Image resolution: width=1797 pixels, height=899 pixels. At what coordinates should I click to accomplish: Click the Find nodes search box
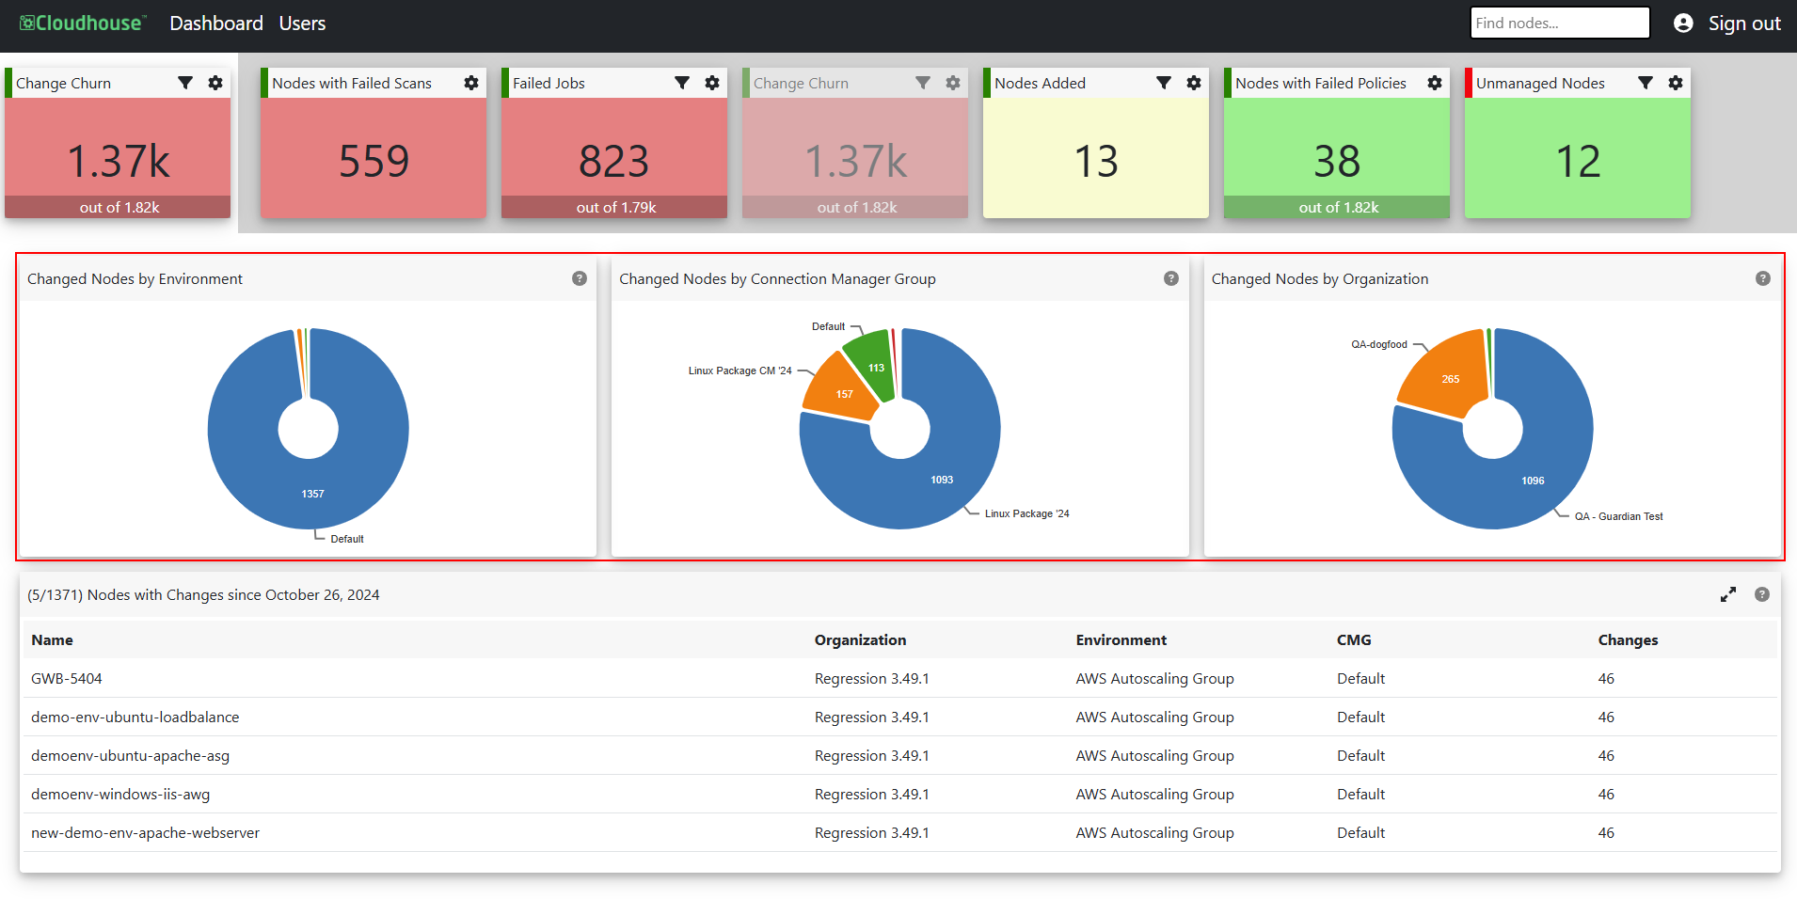coord(1560,24)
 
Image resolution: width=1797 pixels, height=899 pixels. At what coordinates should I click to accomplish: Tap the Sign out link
coord(1744,24)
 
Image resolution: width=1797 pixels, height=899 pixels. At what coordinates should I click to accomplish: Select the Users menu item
coord(302,24)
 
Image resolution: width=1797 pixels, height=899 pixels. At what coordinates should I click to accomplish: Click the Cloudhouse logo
coord(83,24)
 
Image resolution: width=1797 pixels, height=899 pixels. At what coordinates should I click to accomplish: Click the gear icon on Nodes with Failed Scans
coord(471,83)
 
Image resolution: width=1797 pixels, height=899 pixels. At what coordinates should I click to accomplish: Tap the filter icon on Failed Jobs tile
coord(682,83)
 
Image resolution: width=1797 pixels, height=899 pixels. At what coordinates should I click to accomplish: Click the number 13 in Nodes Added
coord(1096,161)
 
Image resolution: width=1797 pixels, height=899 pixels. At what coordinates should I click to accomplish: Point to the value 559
coord(374,161)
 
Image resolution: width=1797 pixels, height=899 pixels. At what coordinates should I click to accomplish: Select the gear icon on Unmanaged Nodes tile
coord(1676,83)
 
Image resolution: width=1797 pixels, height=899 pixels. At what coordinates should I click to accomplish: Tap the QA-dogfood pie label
coord(1379,344)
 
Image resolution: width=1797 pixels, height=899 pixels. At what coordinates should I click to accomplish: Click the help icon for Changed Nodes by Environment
coord(580,278)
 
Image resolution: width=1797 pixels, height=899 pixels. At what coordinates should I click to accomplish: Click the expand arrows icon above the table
coord(1728,594)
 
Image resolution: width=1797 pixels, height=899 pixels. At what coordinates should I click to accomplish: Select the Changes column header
coord(1628,639)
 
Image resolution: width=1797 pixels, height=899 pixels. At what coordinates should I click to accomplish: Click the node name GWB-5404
coord(67,678)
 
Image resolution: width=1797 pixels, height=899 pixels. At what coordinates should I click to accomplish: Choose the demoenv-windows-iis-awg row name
coord(120,794)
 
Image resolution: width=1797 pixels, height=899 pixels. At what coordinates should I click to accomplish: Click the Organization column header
coord(860,639)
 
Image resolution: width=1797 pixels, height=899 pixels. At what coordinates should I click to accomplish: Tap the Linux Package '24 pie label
coord(1027,513)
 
